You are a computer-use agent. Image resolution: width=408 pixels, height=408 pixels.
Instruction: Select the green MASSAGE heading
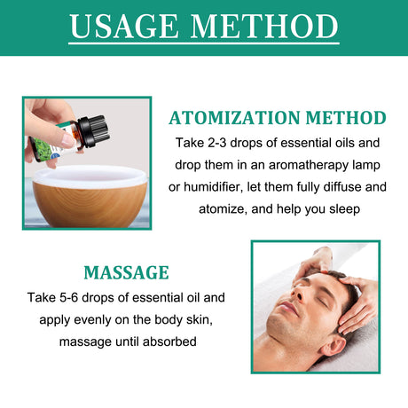[x=126, y=272]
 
